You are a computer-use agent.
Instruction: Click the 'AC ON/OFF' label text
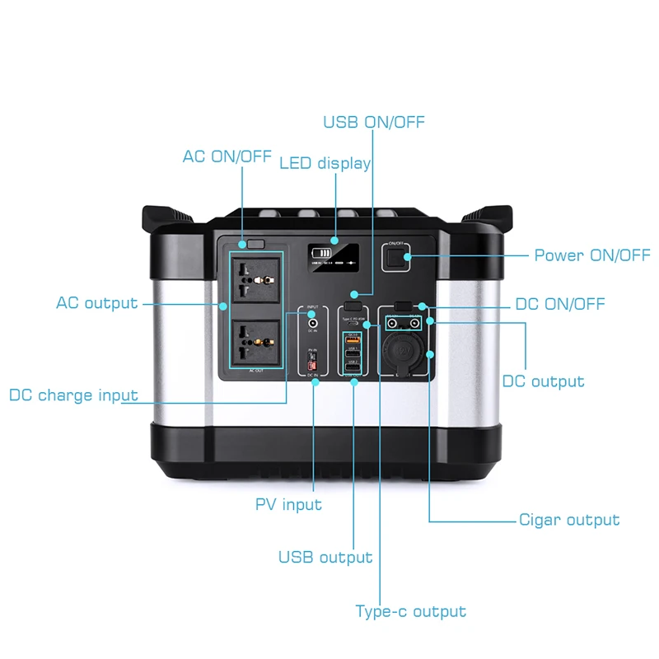pyautogui.click(x=227, y=157)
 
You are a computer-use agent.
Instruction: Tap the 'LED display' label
pyautogui.click(x=325, y=163)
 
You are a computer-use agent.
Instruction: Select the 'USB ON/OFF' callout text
pyautogui.click(x=374, y=122)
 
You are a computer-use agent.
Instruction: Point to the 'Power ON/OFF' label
pyautogui.click(x=592, y=255)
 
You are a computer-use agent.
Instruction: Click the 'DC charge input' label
pyautogui.click(x=73, y=395)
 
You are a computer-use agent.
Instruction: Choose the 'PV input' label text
pyautogui.click(x=288, y=503)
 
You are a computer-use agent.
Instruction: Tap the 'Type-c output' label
pyautogui.click(x=410, y=611)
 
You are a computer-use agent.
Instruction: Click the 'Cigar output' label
pyautogui.click(x=569, y=520)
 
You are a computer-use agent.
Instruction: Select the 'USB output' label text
pyautogui.click(x=325, y=558)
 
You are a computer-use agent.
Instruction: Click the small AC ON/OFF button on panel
pyautogui.click(x=255, y=244)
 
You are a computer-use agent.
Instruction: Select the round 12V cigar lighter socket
pyautogui.click(x=404, y=350)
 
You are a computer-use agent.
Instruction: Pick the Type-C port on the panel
pyautogui.click(x=353, y=323)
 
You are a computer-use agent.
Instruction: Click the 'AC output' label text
pyautogui.click(x=97, y=303)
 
